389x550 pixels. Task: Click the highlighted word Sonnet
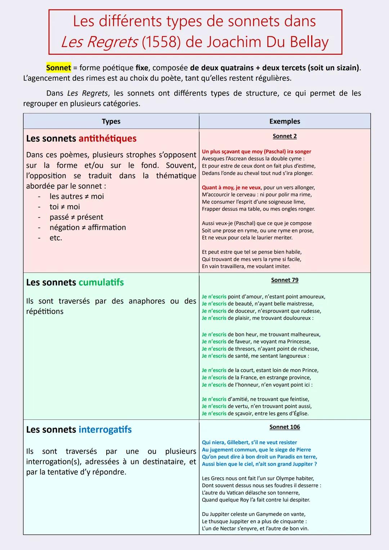[58, 68]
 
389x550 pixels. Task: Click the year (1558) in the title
[161, 42]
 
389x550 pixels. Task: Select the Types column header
[111, 121]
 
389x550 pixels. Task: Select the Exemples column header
[285, 121]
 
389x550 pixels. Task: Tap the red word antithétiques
[107, 138]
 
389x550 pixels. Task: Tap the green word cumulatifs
[101, 282]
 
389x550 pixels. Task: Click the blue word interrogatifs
[105, 429]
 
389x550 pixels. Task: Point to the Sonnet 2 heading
[285, 136]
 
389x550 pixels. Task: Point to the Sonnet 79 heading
[285, 280]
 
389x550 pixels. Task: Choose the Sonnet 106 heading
[285, 427]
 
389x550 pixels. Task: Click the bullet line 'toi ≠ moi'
[65, 207]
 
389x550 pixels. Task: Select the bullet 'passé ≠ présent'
[76, 217]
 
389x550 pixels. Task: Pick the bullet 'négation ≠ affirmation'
[88, 228]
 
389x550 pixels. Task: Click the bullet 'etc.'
[56, 238]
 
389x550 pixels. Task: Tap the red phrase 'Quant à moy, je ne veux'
[231, 188]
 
